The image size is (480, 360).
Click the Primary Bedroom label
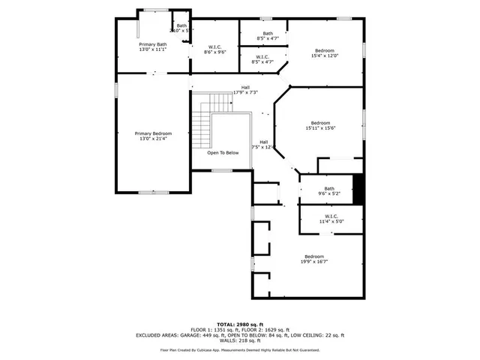153,136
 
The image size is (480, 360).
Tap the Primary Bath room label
152,47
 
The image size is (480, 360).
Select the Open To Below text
223,152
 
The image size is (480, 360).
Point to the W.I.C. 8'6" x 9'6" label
215,49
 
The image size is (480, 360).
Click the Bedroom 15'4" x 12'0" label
325,53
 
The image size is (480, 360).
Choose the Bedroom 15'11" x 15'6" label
320,125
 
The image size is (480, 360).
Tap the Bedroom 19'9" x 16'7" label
313,258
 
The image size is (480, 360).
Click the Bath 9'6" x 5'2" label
329,190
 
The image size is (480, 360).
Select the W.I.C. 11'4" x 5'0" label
331,219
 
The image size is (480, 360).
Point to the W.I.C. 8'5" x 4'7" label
262,59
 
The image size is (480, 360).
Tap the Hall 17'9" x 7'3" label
245,89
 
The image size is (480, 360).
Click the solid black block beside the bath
358,189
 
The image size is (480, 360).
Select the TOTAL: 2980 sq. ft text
239,323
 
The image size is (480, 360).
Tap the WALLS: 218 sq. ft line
239,341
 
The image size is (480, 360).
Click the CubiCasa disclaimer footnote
239,349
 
